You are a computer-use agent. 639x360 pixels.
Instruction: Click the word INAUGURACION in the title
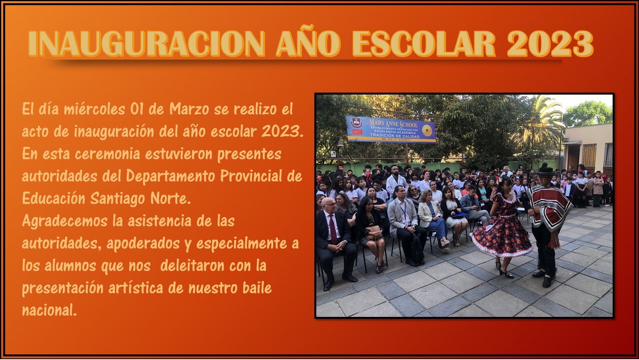click(147, 44)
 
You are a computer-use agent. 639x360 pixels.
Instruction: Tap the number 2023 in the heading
click(550, 44)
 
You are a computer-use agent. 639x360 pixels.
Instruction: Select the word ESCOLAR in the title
click(424, 44)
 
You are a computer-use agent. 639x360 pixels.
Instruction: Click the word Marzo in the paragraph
click(189, 109)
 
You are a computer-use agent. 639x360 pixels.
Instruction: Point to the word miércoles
click(94, 109)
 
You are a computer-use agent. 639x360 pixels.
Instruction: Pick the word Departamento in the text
click(170, 176)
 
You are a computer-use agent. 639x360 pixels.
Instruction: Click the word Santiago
click(117, 199)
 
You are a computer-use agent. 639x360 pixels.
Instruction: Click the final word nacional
click(50, 310)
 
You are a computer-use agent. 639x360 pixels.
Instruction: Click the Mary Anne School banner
click(391, 129)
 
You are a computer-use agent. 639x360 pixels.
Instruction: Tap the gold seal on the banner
click(427, 131)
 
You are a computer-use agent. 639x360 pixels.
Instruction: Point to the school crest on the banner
click(356, 123)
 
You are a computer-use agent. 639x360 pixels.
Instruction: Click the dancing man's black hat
click(545, 171)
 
